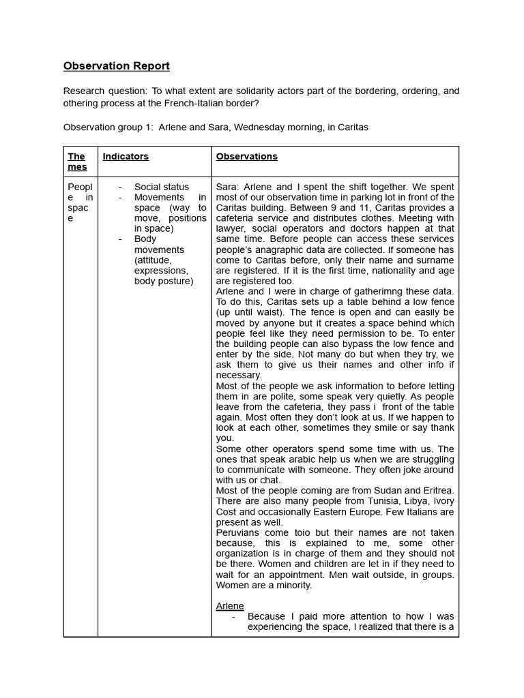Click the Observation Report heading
pyautogui.click(x=116, y=66)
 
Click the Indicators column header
pyautogui.click(x=126, y=157)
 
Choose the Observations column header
pyautogui.click(x=246, y=157)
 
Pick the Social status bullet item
pyautogui.click(x=162, y=187)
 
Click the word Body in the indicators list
pyautogui.click(x=145, y=239)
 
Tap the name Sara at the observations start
pyautogui.click(x=227, y=187)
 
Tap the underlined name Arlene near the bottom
pyautogui.click(x=230, y=606)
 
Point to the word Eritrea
pyautogui.click(x=437, y=491)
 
